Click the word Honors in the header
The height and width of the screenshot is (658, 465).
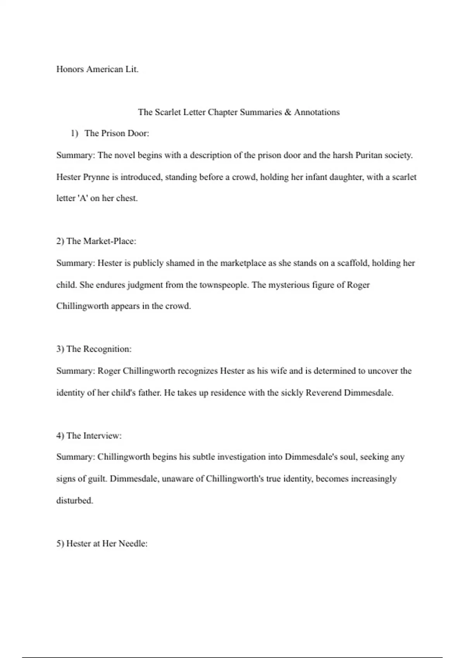(x=70, y=69)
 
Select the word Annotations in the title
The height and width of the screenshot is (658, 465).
(x=317, y=112)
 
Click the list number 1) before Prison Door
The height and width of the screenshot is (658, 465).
(x=74, y=134)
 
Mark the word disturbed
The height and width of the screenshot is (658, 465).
(x=74, y=500)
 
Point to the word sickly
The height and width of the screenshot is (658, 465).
(x=291, y=393)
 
